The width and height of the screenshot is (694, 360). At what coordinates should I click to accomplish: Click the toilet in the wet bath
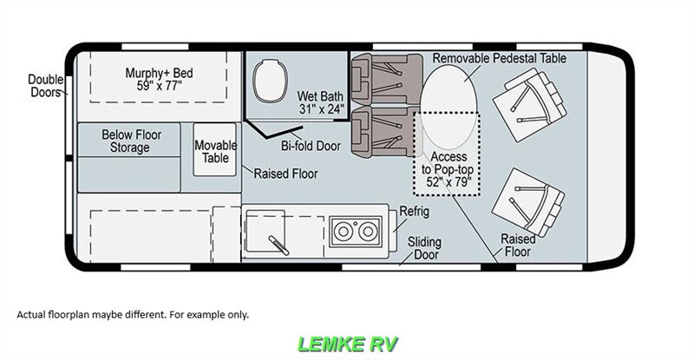pyautogui.click(x=270, y=81)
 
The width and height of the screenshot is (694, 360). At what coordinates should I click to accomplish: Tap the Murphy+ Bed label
pyautogui.click(x=159, y=79)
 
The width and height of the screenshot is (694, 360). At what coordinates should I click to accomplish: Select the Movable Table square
pyautogui.click(x=215, y=150)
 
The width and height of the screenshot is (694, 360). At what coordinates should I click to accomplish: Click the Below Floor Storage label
pyautogui.click(x=131, y=141)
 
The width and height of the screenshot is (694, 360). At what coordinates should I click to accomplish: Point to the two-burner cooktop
pyautogui.click(x=356, y=231)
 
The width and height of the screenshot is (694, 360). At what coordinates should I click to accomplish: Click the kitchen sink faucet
pyautogui.click(x=278, y=245)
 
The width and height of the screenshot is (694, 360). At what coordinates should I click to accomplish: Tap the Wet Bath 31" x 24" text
pyautogui.click(x=320, y=102)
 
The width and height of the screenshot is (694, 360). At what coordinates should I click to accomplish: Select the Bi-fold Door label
pyautogui.click(x=311, y=146)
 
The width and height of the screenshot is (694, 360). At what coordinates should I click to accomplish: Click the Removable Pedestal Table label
pyautogui.click(x=500, y=58)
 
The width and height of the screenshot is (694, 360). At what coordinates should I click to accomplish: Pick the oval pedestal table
pyautogui.click(x=448, y=107)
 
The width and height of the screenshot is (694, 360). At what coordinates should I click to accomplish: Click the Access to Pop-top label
pyautogui.click(x=447, y=169)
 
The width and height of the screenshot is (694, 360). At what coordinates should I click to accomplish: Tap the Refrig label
pyautogui.click(x=415, y=211)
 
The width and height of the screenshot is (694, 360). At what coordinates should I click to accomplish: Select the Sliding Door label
pyautogui.click(x=424, y=248)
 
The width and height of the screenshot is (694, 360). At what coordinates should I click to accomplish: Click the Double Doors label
pyautogui.click(x=46, y=86)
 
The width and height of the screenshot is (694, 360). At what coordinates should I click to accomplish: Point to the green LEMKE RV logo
pyautogui.click(x=348, y=344)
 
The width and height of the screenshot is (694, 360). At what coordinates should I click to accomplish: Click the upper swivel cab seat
pyautogui.click(x=530, y=105)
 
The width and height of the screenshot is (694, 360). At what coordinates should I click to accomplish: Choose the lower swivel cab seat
pyautogui.click(x=528, y=202)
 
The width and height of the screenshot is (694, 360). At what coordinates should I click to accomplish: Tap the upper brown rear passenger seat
pyautogui.click(x=386, y=79)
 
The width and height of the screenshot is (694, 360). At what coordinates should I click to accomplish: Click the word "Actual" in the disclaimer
pyautogui.click(x=30, y=315)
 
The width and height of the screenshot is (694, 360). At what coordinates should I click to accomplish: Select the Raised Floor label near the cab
pyautogui.click(x=518, y=245)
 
